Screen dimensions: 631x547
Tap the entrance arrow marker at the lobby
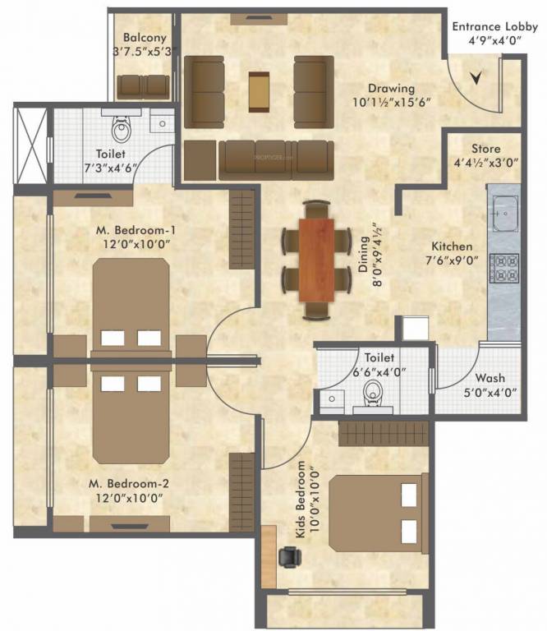point(476,79)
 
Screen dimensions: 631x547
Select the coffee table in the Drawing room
point(259,90)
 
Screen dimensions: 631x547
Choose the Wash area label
point(490,378)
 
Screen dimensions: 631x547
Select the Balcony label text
point(145,38)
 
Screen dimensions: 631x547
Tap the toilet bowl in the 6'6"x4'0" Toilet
point(374,392)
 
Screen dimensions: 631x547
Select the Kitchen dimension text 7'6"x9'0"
point(452,261)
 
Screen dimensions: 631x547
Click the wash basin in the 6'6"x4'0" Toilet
point(332,400)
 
